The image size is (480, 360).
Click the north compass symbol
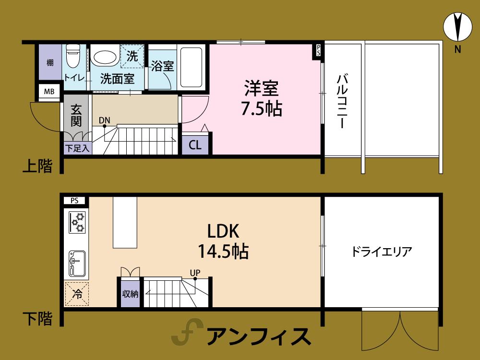pos(457,26)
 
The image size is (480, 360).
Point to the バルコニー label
pos(342,101)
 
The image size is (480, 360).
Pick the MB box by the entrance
pos(49,91)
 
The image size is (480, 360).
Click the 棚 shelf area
pos(50,63)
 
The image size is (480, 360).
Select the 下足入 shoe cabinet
pos(77,148)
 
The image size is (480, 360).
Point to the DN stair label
pos(104,120)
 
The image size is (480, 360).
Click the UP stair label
pos(195,273)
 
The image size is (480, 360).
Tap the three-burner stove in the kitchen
pos(77,222)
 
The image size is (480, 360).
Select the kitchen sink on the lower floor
pos(76,264)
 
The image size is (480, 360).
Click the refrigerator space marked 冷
pos(77,294)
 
